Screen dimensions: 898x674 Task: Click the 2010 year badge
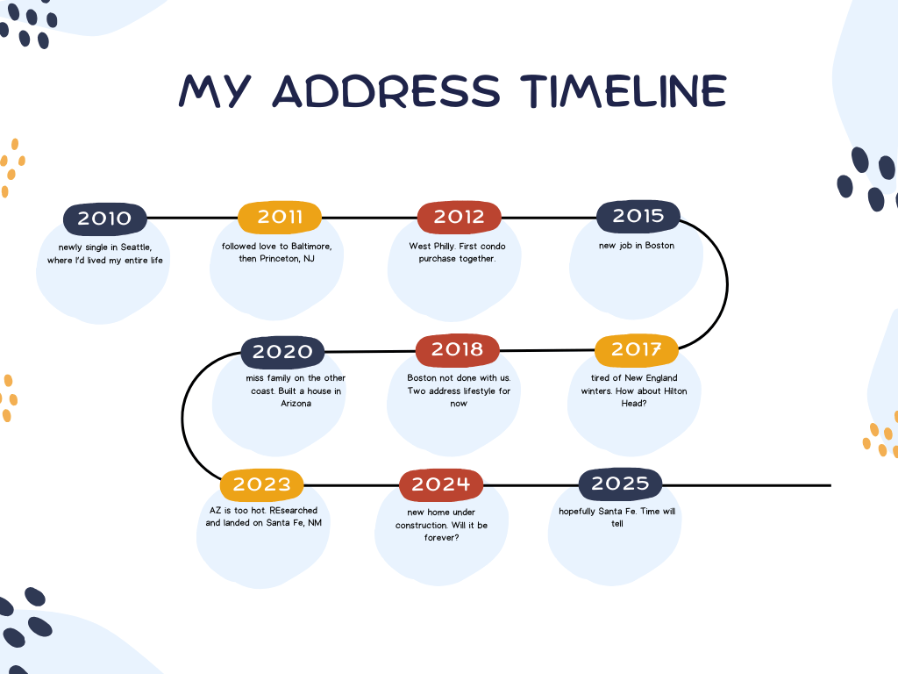point(105,219)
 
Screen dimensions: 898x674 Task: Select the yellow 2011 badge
point(280,218)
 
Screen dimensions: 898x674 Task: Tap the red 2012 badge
point(459,218)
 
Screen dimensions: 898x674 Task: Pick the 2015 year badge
point(638,216)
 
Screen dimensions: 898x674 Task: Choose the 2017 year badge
point(637,349)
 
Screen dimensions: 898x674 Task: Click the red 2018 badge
point(457,349)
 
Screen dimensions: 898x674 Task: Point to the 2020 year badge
point(282,352)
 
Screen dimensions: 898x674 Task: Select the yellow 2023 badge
point(261,484)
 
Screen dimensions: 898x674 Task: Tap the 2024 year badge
point(441,484)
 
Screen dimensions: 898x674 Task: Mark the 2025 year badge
point(620,484)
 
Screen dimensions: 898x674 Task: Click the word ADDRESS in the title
point(387,91)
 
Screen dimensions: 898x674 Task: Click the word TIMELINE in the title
point(624,91)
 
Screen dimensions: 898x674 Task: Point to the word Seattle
point(136,247)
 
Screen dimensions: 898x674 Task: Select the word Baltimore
point(311,247)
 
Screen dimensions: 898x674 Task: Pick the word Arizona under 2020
point(296,404)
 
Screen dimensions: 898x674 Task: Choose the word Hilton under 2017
point(675,391)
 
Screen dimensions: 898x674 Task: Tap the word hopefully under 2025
point(577,512)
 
